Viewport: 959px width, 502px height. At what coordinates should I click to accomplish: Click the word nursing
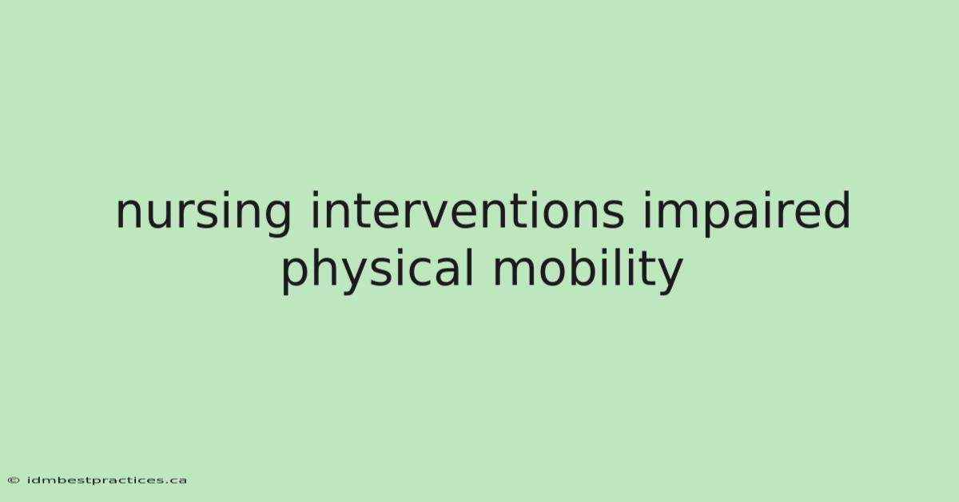coord(203,213)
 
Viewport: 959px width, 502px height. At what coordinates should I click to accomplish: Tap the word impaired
coord(746,213)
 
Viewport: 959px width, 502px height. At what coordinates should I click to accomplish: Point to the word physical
coord(377,271)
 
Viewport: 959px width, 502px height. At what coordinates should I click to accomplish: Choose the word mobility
coord(588,271)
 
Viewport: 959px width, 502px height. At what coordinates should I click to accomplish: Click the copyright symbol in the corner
coord(14,480)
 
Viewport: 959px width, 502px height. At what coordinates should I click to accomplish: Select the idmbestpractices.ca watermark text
coord(107,480)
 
